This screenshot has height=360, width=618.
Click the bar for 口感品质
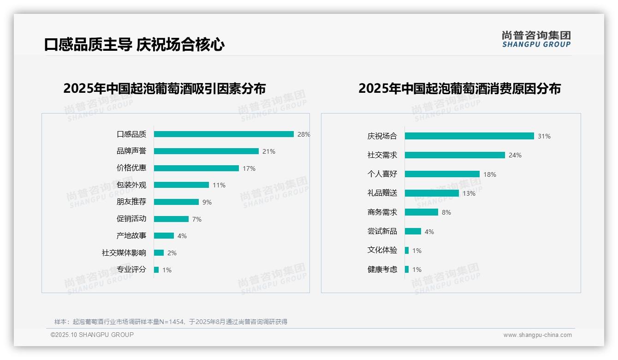[x=224, y=134]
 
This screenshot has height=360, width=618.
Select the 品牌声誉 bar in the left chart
[x=206, y=151]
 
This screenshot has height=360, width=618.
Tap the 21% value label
[x=269, y=151]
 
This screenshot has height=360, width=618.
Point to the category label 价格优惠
[x=131, y=168]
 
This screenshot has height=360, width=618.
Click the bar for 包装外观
[x=181, y=185]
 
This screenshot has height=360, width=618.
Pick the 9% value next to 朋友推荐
[x=207, y=202]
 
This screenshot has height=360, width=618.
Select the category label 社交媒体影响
[x=124, y=252]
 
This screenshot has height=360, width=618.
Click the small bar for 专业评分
[x=156, y=270]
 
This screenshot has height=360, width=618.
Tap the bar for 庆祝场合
[x=469, y=136]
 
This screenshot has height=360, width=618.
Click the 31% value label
[x=544, y=136]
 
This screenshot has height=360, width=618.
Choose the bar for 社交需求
[x=455, y=155]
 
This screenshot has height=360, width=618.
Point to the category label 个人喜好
[x=382, y=174]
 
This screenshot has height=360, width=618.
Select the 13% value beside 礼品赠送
[x=469, y=193]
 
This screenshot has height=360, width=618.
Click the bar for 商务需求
[x=422, y=212]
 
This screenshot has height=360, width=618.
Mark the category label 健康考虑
[x=382, y=270]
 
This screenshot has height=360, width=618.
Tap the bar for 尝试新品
[x=413, y=231]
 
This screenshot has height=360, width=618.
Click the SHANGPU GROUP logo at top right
[x=536, y=39]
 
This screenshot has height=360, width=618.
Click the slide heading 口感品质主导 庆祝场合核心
[x=135, y=45]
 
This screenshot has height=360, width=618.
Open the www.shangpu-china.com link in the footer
[x=537, y=335]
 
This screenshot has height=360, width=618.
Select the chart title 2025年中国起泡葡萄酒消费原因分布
[x=459, y=88]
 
